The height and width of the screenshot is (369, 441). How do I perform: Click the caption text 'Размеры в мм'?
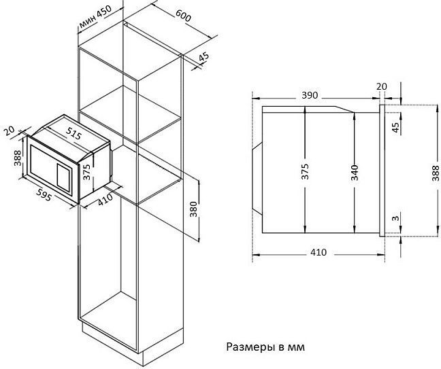tap(265, 347)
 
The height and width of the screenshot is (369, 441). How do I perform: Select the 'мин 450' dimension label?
tap(95, 17)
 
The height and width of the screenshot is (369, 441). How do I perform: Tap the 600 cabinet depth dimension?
tap(183, 16)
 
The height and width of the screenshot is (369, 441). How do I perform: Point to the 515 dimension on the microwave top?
tap(74, 133)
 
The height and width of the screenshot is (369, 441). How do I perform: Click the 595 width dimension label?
tap(44, 194)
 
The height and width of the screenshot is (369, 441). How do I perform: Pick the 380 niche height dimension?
tap(194, 209)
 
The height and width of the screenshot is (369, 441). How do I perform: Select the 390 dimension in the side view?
tap(310, 95)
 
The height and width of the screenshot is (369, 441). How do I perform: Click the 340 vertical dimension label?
tap(355, 173)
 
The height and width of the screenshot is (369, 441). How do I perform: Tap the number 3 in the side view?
tap(395, 217)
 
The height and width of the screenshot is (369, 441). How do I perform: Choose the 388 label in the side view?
tap(436, 174)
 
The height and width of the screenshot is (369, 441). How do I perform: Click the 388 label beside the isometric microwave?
tap(18, 158)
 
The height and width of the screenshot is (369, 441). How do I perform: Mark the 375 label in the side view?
tap(305, 171)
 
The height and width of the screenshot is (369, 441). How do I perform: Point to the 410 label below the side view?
tap(318, 252)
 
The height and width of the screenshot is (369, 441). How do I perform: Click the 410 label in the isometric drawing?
tap(105, 200)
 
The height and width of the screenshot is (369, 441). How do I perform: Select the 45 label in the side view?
tap(395, 128)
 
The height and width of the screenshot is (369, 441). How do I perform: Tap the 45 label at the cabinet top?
tap(203, 56)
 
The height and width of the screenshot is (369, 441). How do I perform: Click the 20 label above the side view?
tap(382, 86)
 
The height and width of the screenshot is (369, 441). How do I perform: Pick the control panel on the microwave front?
tap(65, 177)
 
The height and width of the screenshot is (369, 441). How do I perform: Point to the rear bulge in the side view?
tap(258, 179)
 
